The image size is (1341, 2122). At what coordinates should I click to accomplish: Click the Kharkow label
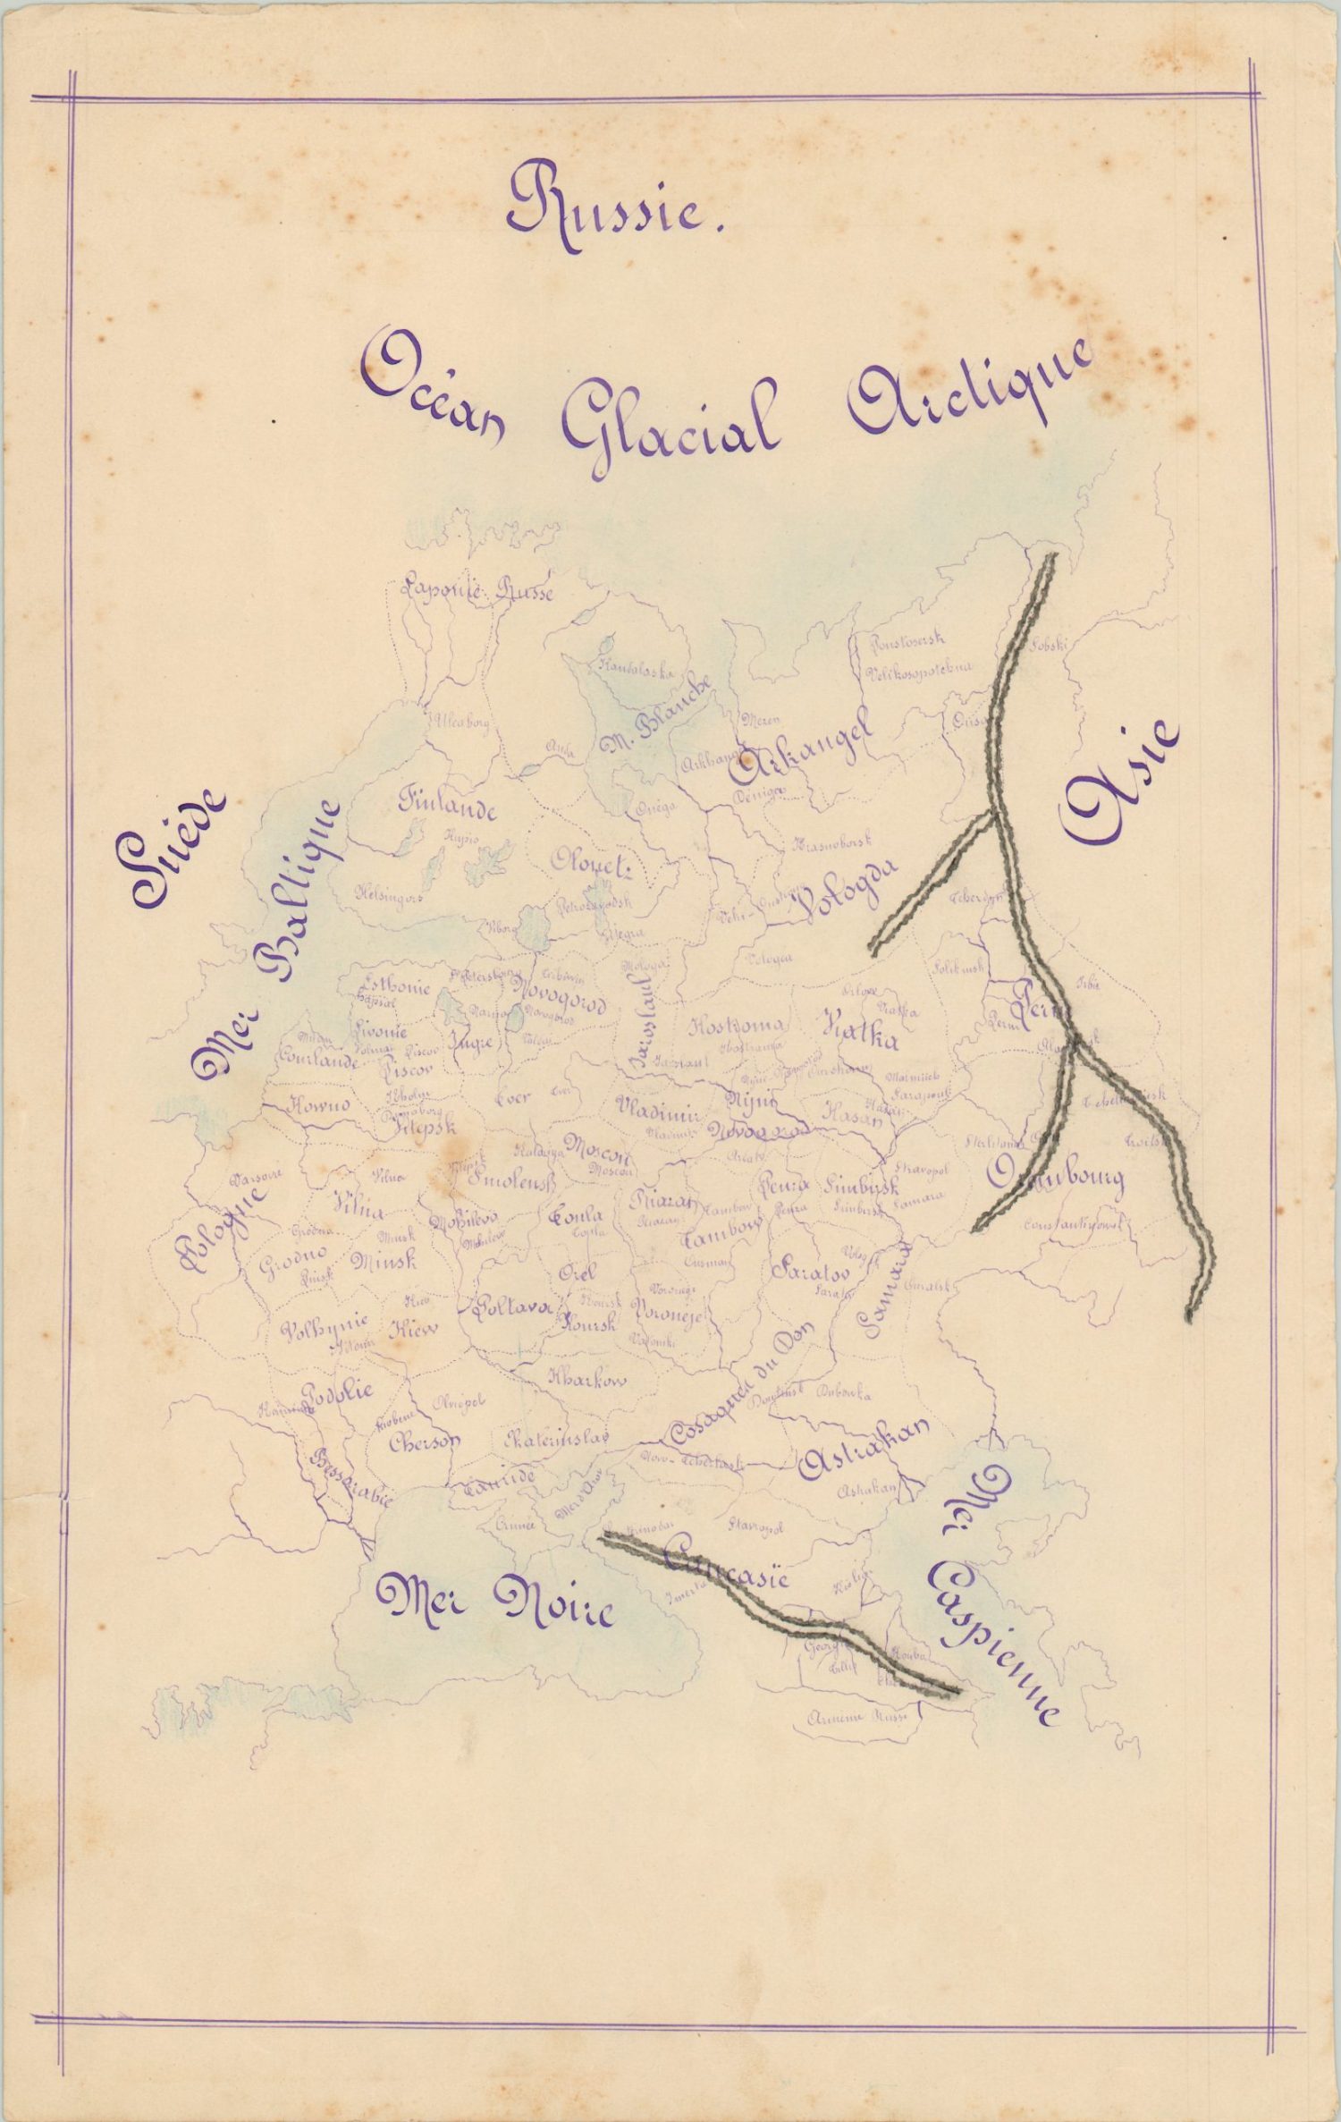point(587,1378)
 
